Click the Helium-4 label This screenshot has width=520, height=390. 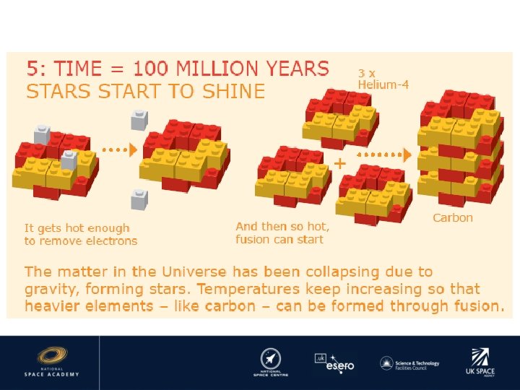point(383,84)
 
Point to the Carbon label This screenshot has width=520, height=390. point(453,217)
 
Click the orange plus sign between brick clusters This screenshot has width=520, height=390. point(339,163)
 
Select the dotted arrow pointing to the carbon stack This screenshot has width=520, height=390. point(383,155)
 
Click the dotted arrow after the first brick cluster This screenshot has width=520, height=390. point(118,150)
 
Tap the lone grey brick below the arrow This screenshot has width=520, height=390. point(139,199)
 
